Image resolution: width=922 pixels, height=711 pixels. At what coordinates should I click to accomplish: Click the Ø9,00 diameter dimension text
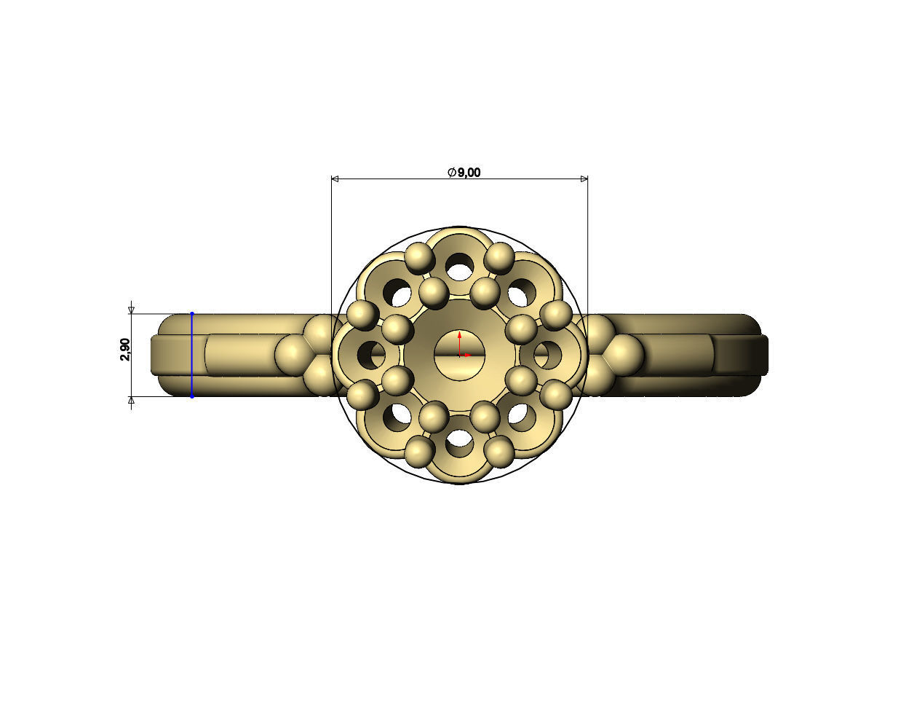(464, 172)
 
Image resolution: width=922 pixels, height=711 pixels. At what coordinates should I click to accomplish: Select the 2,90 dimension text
(125, 350)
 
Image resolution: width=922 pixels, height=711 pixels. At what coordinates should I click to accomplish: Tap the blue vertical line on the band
(192, 355)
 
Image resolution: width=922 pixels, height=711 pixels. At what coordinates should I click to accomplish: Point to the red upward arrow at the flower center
(459, 337)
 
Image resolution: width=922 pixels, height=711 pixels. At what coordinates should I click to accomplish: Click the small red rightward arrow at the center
(468, 355)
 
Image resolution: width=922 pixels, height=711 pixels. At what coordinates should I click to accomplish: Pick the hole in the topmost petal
(459, 267)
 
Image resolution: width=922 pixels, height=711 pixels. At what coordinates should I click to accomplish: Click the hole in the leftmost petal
(374, 355)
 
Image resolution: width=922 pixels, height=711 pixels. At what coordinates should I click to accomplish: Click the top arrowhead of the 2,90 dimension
(132, 310)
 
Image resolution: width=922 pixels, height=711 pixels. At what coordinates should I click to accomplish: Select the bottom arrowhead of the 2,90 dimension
(132, 400)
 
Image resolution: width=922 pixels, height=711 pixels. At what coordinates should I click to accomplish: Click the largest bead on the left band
(293, 355)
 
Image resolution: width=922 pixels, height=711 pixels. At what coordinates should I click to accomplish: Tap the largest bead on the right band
(625, 355)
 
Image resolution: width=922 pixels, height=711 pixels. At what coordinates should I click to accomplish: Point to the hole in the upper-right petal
(519, 294)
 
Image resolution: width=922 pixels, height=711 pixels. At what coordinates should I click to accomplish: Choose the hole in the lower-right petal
(519, 415)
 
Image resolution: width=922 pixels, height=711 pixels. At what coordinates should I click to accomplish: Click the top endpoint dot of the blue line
(192, 314)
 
